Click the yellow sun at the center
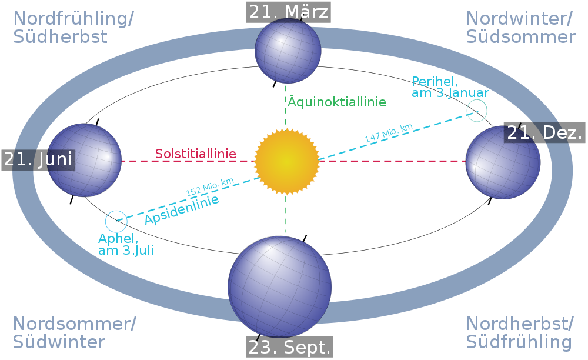click(x=287, y=162)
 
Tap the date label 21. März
click(x=288, y=12)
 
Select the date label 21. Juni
click(x=38, y=160)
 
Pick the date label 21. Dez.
click(x=544, y=132)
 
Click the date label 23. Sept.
click(x=289, y=347)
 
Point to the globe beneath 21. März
click(x=288, y=51)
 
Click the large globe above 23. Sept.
click(x=280, y=287)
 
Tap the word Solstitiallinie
click(x=196, y=154)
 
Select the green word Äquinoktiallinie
click(x=337, y=102)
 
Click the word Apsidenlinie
click(x=182, y=209)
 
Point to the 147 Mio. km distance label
click(x=389, y=133)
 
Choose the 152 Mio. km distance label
click(x=210, y=186)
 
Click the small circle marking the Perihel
click(x=477, y=111)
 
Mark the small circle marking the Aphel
click(x=116, y=221)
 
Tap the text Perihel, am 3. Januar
click(x=450, y=87)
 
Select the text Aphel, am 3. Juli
click(x=126, y=245)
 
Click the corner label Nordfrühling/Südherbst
click(x=73, y=28)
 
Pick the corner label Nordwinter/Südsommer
click(x=520, y=28)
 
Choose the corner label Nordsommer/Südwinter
click(x=74, y=332)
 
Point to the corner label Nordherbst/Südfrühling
click(x=520, y=332)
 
